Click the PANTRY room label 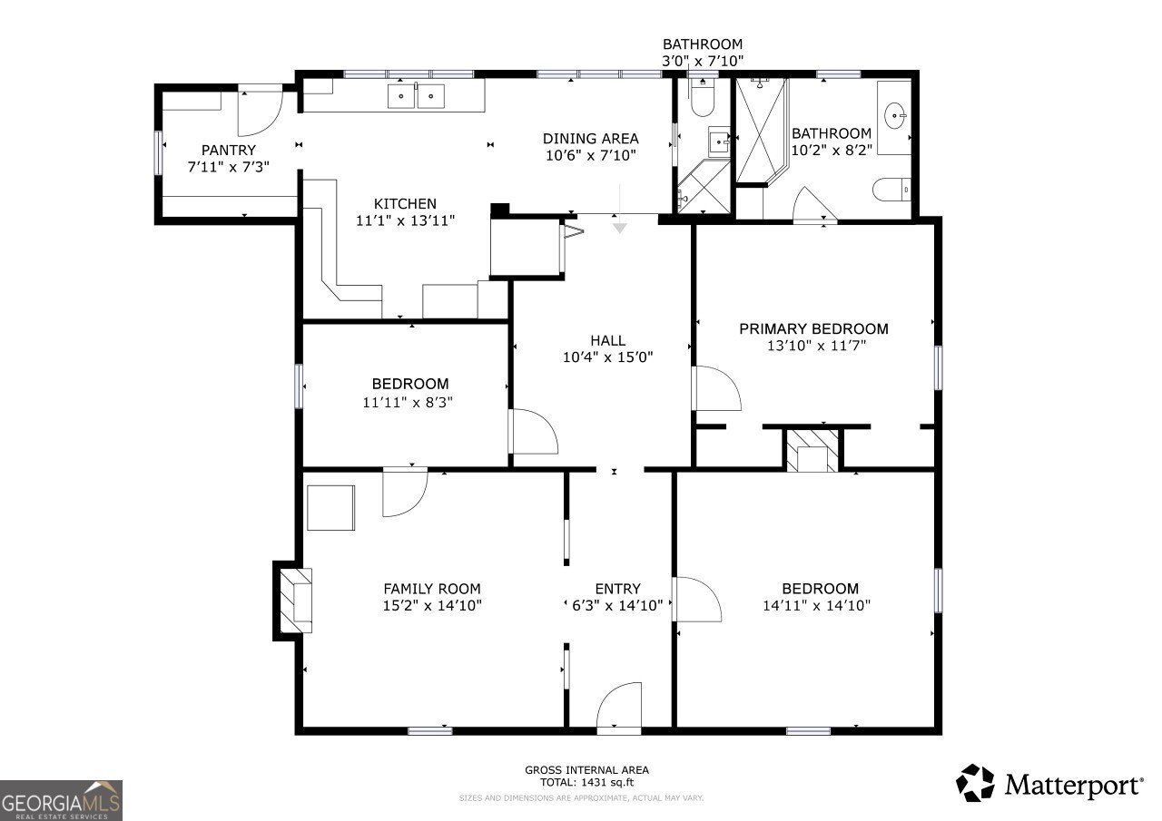[228, 150]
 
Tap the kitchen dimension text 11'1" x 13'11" [405, 220]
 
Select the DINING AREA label [590, 139]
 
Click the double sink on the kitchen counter [418, 95]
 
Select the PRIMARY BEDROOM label [813, 328]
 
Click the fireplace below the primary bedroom [812, 450]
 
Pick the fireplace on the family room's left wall [294, 600]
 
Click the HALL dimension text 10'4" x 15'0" [607, 357]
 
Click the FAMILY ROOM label [431, 589]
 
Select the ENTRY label [617, 589]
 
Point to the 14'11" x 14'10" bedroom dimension [816, 606]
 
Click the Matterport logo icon [976, 783]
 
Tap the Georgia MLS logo [61, 799]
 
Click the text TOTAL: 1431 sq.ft [586, 782]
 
